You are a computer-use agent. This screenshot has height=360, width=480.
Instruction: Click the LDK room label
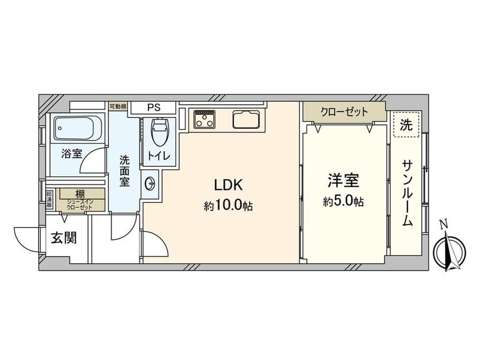coord(229,185)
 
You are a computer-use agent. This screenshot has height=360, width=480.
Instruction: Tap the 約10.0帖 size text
coord(229,205)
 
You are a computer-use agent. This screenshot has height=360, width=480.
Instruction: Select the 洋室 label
coord(343,181)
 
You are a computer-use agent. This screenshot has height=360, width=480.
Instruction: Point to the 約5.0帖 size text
coord(343,201)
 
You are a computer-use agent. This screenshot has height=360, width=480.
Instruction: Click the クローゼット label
coord(344,112)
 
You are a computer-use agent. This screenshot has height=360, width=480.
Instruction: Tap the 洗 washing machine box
coord(406,125)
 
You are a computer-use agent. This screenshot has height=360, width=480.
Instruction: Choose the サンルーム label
coord(407,193)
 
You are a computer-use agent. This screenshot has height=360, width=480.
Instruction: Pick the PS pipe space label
coord(154,108)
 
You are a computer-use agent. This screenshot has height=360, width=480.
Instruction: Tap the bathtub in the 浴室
coord(78,128)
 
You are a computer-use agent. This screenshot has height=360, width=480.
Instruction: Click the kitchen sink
coord(246,119)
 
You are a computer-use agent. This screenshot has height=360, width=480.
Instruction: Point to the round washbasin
coord(150,184)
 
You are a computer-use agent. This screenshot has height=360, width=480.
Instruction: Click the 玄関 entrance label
coord(63,238)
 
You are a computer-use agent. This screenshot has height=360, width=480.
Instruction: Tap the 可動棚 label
coord(118,106)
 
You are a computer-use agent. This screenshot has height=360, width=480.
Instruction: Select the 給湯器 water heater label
coord(49,200)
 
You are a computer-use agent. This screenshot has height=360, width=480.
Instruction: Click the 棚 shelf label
coord(80,194)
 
